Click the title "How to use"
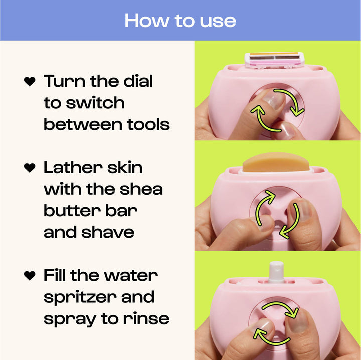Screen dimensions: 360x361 (180, 20)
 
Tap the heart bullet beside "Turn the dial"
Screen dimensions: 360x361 (30, 82)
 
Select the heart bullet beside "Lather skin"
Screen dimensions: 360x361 (30, 168)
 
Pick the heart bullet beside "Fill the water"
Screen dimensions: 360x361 (30, 276)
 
